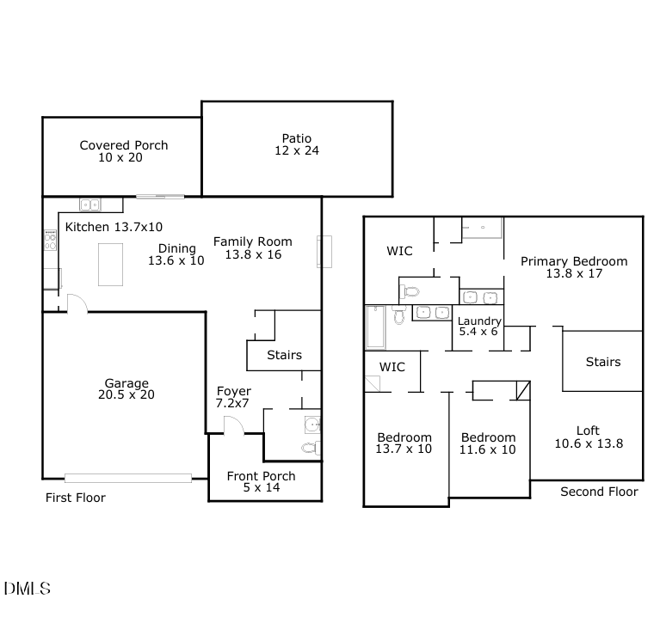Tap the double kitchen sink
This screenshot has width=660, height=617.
click(x=89, y=205)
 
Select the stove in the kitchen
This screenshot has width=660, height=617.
click(x=50, y=240)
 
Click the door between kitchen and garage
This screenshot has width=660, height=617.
click(x=74, y=303)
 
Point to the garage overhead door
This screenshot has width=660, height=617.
click(x=128, y=477)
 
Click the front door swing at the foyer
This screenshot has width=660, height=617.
click(x=231, y=425)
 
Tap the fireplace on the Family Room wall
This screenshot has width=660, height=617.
click(x=324, y=252)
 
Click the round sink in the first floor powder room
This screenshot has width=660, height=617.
click(x=312, y=424)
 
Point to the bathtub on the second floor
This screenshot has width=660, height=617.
click(x=375, y=327)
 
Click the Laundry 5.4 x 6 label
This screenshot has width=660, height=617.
click(x=478, y=327)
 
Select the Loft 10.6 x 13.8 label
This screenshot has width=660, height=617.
click(x=588, y=437)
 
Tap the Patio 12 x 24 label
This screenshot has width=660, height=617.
click(x=296, y=144)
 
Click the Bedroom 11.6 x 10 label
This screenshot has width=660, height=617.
click(x=487, y=443)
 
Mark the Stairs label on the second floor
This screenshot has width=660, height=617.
click(x=602, y=362)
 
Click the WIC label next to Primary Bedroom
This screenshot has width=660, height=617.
click(x=399, y=251)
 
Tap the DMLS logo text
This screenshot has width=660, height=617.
click(x=27, y=589)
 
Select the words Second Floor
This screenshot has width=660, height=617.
click(x=599, y=492)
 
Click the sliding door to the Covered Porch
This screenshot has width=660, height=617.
click(x=159, y=197)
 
